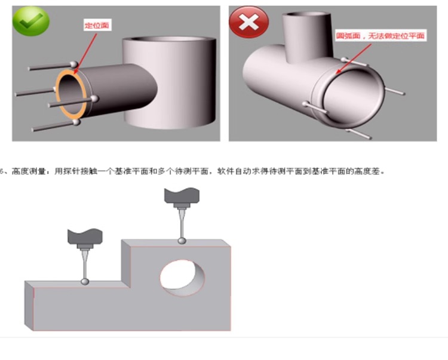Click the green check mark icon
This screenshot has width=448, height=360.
point(31,21)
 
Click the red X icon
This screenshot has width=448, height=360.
point(249,22)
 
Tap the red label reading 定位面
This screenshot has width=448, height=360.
point(97,25)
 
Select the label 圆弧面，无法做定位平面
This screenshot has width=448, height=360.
point(381,36)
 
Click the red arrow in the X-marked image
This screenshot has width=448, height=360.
point(353,59)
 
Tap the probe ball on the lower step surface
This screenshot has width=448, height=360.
point(85,281)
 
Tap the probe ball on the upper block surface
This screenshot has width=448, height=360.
point(182,241)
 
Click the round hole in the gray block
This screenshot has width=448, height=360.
point(182,278)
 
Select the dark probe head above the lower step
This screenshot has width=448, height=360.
point(85,236)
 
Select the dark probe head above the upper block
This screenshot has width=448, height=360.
point(182,196)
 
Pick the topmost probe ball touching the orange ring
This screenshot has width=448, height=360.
point(74,64)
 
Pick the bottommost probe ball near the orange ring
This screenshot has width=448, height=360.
point(76,122)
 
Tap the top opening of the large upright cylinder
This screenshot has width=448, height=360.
point(169,39)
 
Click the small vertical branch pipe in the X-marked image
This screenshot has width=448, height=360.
point(307,36)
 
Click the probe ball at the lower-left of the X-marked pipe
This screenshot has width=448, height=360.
point(306,104)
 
